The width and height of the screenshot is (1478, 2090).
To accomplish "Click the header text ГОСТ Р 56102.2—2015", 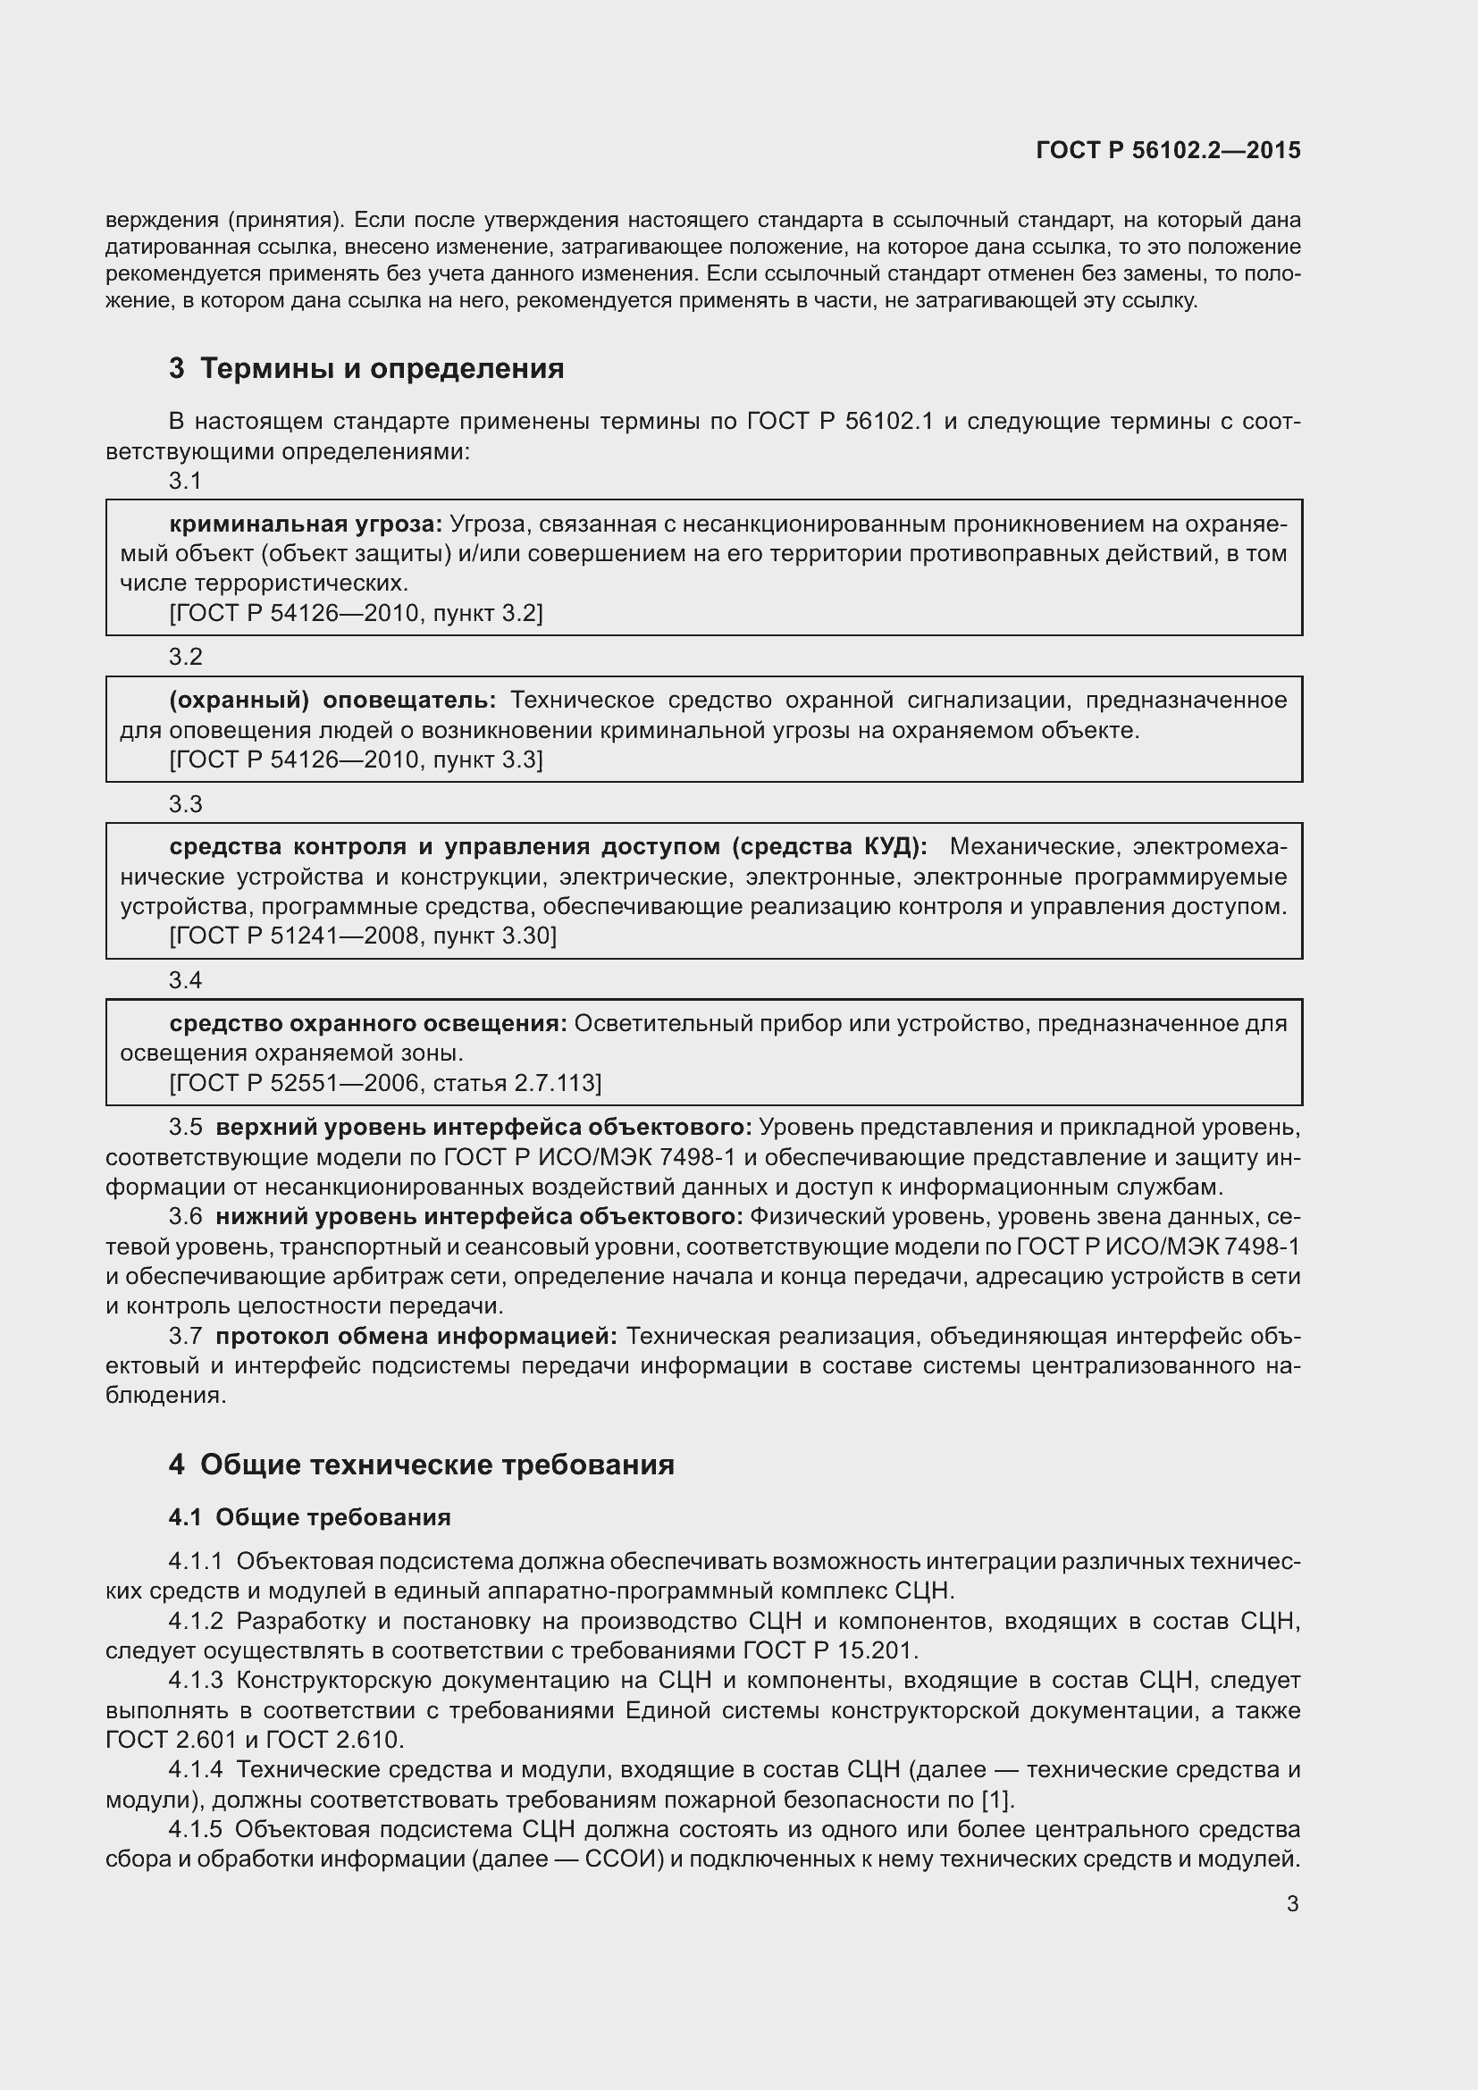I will (1168, 150).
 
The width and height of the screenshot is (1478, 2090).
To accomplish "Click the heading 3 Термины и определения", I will (365, 369).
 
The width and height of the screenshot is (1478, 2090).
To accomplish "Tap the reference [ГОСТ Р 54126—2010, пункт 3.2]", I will (356, 613).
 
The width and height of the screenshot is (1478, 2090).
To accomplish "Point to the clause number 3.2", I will (186, 657).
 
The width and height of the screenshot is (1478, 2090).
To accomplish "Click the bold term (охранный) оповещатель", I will (332, 700).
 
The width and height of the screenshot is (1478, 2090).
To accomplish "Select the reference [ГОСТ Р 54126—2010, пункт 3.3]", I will (356, 760).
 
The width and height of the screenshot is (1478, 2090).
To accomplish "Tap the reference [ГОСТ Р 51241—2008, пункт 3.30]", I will (363, 936).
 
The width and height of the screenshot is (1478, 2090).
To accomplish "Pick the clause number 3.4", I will (186, 980).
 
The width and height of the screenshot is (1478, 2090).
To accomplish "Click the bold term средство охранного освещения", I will (367, 1023).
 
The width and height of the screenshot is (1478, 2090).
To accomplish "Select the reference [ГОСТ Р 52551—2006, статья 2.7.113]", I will (385, 1082).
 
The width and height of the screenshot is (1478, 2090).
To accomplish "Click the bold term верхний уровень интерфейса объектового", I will (483, 1127).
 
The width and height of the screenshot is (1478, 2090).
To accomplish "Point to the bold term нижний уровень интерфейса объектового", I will (479, 1216).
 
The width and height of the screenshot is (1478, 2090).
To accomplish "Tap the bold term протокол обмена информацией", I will (416, 1335).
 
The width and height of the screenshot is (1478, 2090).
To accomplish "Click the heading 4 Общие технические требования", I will (422, 1465).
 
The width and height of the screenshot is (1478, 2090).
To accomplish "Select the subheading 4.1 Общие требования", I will (309, 1517).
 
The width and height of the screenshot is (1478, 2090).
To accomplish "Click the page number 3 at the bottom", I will (1292, 1903).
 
